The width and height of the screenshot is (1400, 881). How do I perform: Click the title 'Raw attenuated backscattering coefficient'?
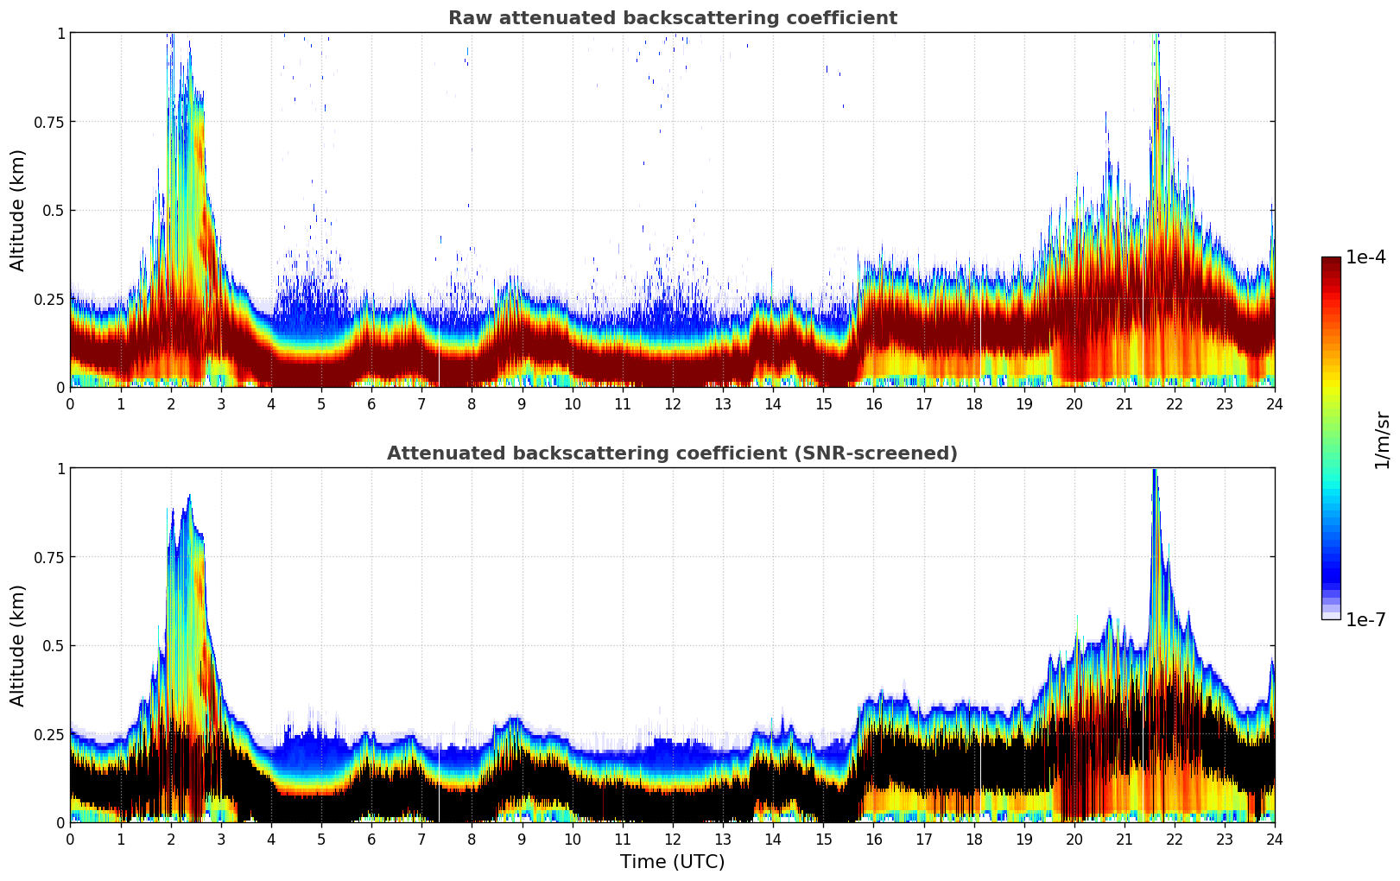672,18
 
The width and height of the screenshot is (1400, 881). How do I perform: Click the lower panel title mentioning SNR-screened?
672,453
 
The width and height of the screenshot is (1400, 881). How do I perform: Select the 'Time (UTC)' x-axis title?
672,862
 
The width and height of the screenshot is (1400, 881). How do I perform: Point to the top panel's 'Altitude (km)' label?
18,210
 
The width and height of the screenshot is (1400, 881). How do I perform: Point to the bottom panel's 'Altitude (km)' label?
18,645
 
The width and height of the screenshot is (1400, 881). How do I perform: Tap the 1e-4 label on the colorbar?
1365,257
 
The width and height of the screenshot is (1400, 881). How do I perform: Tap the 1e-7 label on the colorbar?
1365,619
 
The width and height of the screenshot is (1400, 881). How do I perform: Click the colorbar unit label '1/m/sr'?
1382,440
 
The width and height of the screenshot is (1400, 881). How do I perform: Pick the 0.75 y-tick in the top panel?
49,122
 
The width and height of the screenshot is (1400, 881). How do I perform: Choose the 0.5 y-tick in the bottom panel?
54,645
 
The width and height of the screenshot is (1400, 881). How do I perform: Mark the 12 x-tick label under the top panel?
672,403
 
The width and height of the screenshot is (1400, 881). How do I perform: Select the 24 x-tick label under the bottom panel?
1274,839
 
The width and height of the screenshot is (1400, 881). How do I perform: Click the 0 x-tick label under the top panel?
70,403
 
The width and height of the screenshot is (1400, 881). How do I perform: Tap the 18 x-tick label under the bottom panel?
973,839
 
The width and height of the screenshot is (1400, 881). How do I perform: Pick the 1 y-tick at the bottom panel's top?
60,468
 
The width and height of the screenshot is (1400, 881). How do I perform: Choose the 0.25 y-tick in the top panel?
49,299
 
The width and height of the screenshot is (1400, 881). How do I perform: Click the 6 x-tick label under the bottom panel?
371,839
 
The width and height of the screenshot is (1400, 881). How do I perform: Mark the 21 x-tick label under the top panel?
1124,403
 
